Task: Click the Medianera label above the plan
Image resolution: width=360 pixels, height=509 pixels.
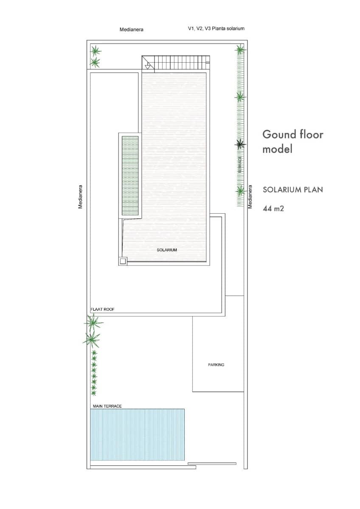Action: coord(131,30)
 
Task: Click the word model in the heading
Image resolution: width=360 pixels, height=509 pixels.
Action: coord(277,149)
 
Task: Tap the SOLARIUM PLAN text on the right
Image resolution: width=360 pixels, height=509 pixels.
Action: coord(292,190)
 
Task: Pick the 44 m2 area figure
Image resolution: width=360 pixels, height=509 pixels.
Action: coord(273,208)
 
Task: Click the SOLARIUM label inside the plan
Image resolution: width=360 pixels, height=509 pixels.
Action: coord(167,250)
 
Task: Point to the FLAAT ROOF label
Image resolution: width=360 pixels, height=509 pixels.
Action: coord(103,310)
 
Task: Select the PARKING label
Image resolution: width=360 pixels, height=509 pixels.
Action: coord(216,365)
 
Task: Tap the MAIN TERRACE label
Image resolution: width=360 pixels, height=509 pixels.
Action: coord(107,406)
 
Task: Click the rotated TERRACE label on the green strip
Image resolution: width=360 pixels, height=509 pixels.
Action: coord(240,164)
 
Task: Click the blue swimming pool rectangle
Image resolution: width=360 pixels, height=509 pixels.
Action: coord(138,434)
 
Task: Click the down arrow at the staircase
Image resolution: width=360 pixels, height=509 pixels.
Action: coord(148,66)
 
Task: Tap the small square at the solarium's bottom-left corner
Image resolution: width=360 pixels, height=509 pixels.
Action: coord(123,261)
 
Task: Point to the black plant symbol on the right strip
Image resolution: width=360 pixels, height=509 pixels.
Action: coord(240,144)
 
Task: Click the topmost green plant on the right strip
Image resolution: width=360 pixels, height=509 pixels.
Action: coord(240,50)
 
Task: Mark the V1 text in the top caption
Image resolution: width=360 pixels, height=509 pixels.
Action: coord(191,29)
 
